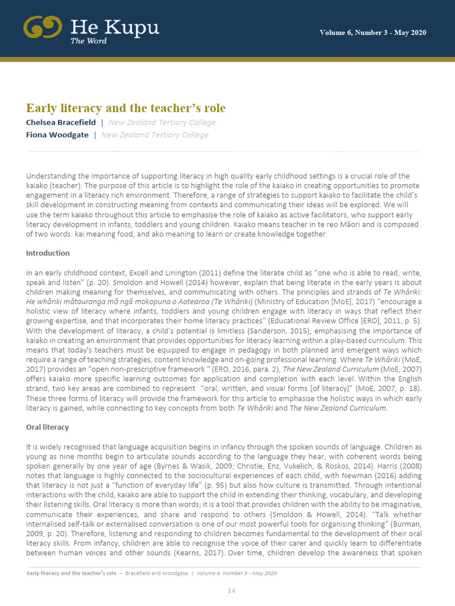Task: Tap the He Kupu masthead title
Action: tap(114, 27)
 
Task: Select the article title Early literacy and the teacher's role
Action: tap(126, 108)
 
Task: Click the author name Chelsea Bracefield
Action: tap(61, 123)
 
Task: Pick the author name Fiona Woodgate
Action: tap(57, 135)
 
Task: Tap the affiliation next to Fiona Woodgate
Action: tap(155, 135)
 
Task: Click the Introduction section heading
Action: tap(47, 253)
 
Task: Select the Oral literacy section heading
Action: tap(47, 427)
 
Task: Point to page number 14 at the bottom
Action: tap(232, 591)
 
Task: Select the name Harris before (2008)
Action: tap(397, 466)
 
